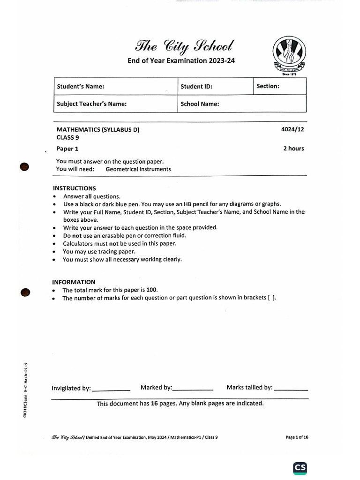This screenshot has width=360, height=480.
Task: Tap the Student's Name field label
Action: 80,87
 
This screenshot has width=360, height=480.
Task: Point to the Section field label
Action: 268,86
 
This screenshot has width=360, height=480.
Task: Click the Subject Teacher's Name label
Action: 91,104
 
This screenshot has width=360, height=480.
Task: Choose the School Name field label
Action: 200,104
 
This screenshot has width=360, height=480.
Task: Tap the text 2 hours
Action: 293,149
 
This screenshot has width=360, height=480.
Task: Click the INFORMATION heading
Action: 74,282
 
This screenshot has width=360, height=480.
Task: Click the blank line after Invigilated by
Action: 112,390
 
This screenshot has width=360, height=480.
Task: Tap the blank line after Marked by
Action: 193,389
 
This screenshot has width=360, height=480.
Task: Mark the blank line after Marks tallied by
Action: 291,389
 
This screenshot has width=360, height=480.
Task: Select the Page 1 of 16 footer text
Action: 297,437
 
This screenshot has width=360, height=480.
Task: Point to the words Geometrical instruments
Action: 138,169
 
